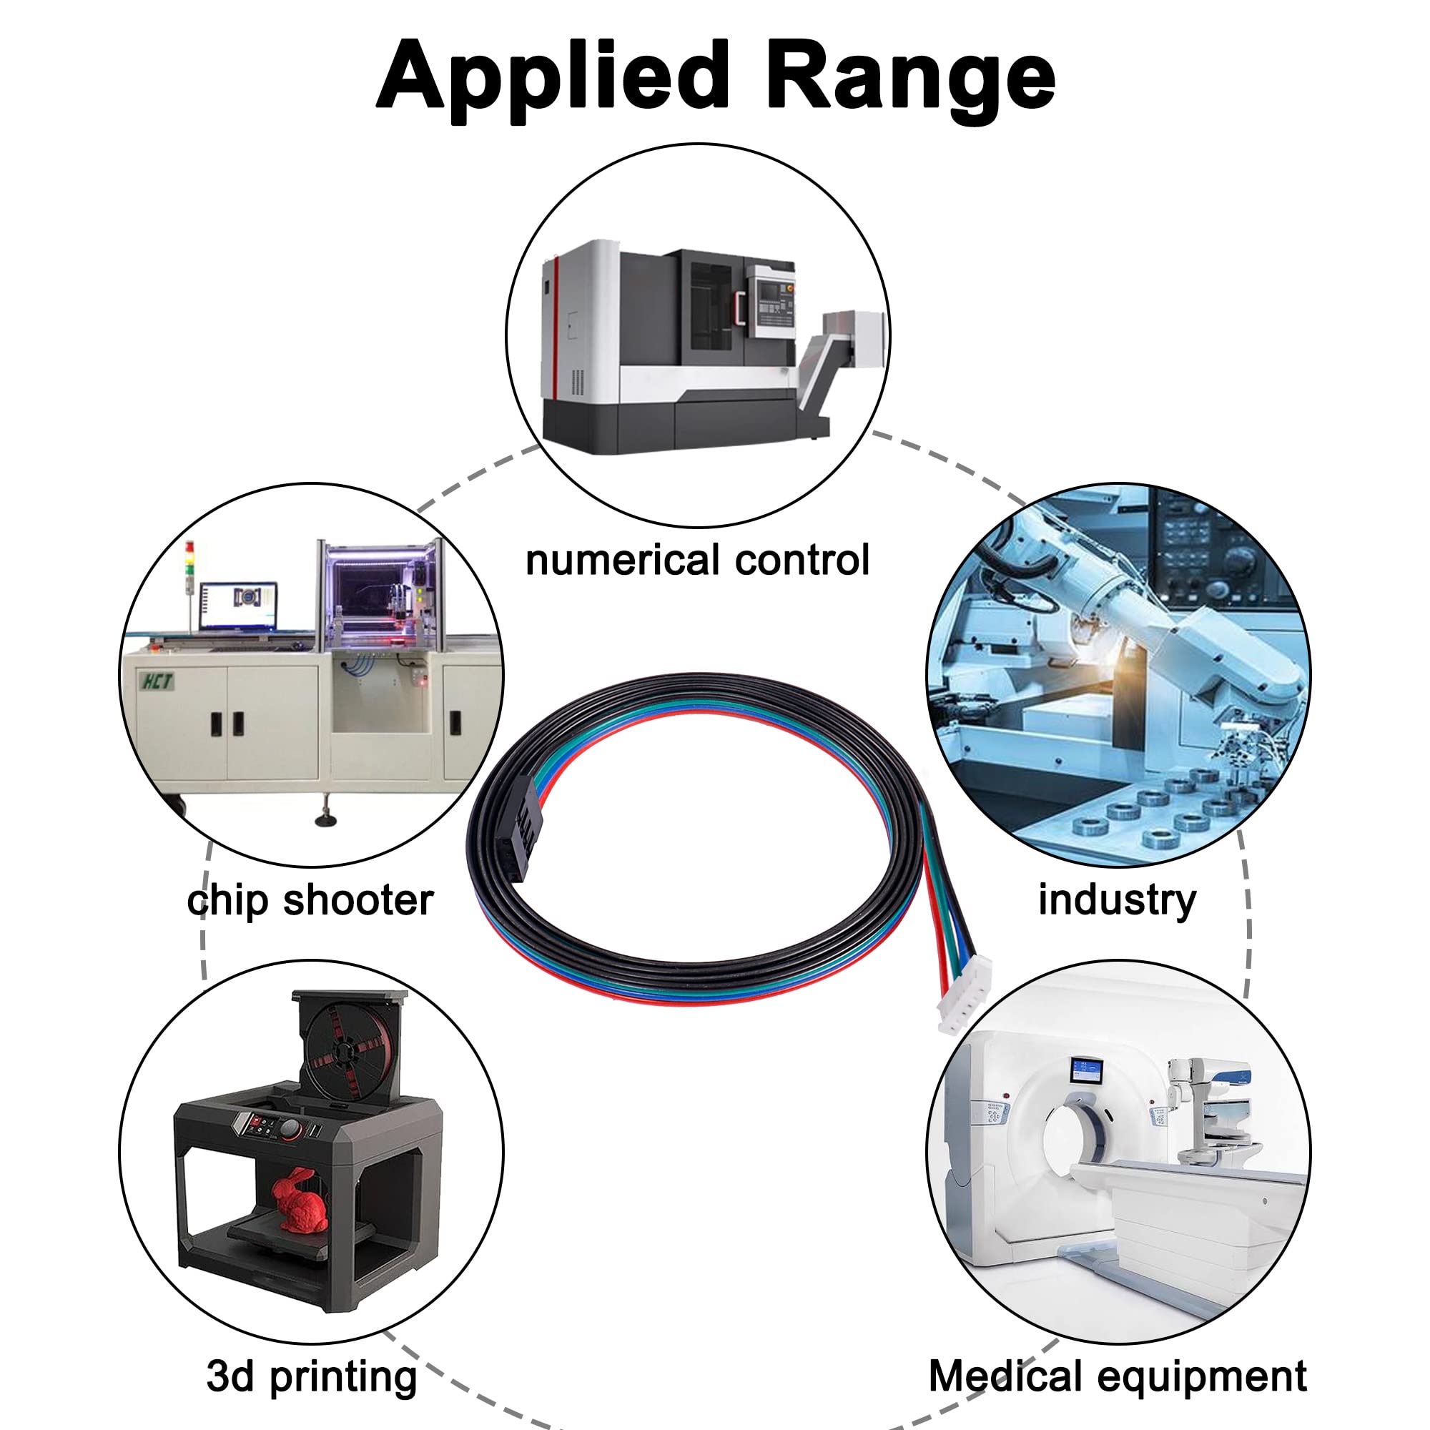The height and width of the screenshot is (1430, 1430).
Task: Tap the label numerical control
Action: point(697,561)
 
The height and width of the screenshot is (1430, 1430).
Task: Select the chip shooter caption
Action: point(310,901)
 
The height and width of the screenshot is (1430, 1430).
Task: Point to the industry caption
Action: point(1117,901)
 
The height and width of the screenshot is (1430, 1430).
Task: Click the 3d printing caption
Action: point(312,1376)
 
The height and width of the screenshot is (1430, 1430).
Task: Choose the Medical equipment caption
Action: point(1118,1376)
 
